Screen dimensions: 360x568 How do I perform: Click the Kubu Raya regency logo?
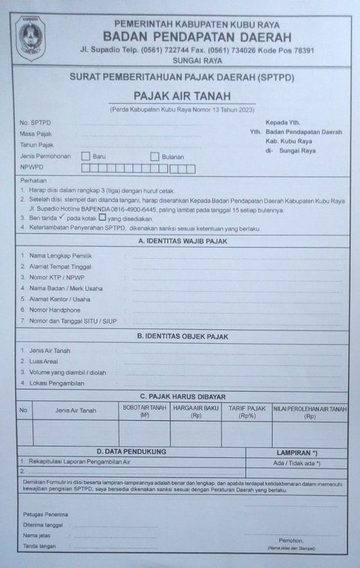tap(29, 35)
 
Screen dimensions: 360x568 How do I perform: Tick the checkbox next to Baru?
tap(85, 156)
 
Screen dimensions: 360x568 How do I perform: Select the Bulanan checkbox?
tap(154, 156)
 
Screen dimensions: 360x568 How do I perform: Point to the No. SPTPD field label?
tap(36, 122)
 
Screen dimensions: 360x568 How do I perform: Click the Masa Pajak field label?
tap(36, 133)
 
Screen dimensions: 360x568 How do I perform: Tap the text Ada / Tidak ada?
tap(298, 463)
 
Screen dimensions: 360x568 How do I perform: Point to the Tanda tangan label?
tap(40, 546)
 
